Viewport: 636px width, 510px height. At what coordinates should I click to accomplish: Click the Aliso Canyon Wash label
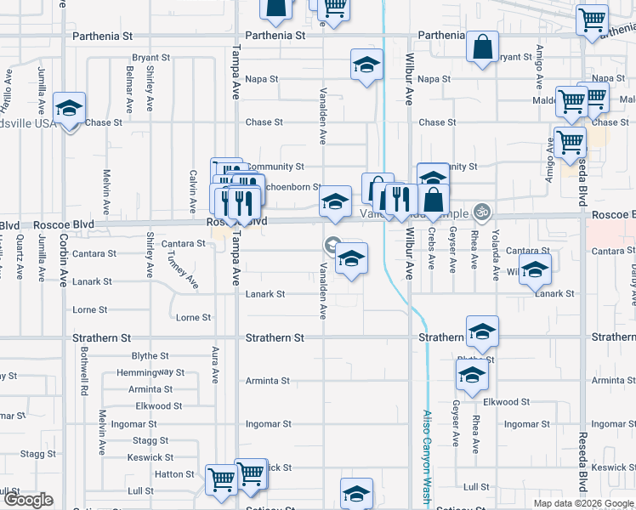click(x=427, y=459)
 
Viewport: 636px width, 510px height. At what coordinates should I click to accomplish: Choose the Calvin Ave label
click(x=194, y=190)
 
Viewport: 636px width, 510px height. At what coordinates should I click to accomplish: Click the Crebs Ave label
click(x=432, y=246)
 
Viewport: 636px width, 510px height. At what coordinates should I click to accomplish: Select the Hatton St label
click(x=174, y=474)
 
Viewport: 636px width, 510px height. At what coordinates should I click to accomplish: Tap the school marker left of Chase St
click(x=69, y=108)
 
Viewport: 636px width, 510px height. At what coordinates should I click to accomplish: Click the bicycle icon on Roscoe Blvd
click(x=483, y=209)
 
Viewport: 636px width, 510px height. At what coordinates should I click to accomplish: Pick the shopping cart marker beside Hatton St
click(x=221, y=480)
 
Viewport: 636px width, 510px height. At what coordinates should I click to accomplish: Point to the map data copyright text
click(x=582, y=503)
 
